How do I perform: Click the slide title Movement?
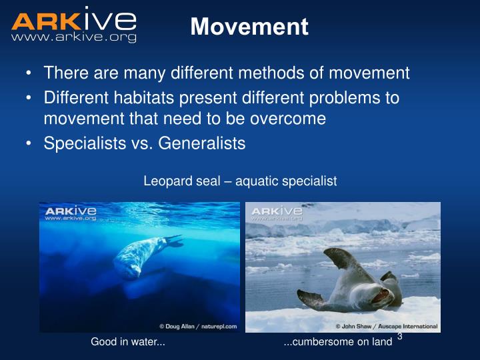tap(249, 27)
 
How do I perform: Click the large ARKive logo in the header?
tap(73, 19)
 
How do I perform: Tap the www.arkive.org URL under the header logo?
tap(73, 38)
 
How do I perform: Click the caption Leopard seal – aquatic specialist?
tap(240, 181)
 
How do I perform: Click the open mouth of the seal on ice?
tap(385, 291)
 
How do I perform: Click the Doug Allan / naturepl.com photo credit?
tap(197, 326)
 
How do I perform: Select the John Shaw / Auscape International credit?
tap(386, 326)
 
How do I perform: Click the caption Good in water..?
tap(128, 343)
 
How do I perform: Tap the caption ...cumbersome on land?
tap(337, 343)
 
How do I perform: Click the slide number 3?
tap(399, 337)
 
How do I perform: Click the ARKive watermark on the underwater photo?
tap(71, 213)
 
